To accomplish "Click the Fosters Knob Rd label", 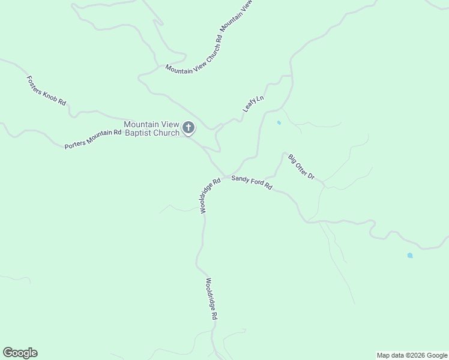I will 46,91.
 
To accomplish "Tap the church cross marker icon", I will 188,127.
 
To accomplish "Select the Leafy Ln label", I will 253,104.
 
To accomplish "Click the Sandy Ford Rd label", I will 252,182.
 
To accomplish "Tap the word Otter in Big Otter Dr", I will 302,167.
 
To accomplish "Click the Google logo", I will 20,353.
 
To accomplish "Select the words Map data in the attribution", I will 390,355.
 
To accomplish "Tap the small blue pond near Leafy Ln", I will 279,123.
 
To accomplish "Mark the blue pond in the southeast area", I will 410,256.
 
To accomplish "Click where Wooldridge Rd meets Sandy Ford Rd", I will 225,176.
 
